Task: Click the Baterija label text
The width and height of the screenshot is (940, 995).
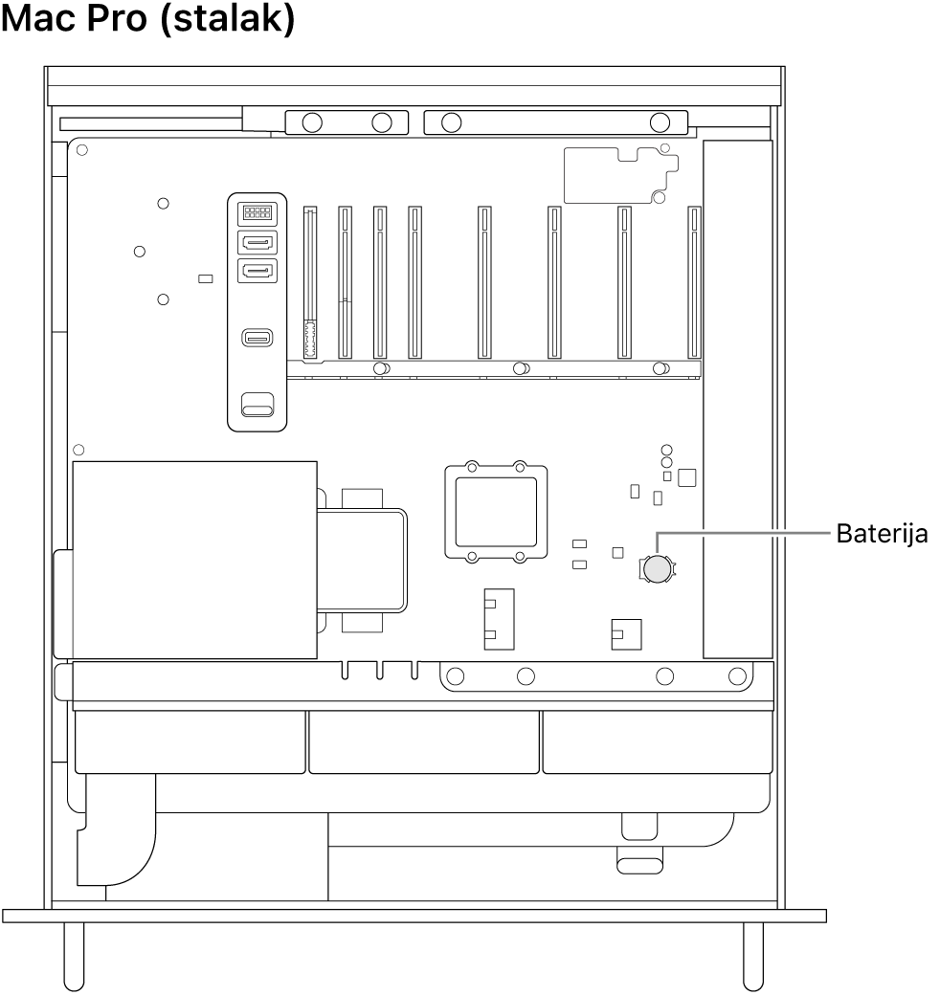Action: point(882,534)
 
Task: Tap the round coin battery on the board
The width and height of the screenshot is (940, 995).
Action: point(658,570)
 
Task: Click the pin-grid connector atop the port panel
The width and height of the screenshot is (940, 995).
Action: point(255,213)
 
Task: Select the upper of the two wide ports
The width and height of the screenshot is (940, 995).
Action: point(255,243)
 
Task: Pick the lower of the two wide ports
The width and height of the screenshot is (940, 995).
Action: point(255,272)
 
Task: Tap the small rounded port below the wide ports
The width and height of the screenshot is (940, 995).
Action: point(256,338)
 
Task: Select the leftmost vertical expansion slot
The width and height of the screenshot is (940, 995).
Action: point(308,283)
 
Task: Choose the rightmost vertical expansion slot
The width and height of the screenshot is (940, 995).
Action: point(694,283)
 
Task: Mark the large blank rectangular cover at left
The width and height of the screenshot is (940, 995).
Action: point(194,560)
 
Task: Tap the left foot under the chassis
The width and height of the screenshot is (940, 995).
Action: point(74,955)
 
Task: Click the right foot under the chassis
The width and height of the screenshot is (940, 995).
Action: point(754,955)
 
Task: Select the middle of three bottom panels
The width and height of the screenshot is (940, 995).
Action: point(424,741)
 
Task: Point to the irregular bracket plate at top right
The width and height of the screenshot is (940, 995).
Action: point(620,175)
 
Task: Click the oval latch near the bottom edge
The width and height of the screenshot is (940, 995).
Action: point(638,865)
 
